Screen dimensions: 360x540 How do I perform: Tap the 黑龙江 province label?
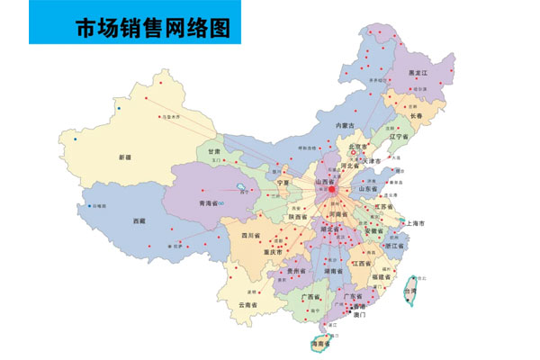pos(418,71)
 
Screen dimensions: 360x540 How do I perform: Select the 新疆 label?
pos(124,157)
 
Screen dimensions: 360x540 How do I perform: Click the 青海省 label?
pos(210,203)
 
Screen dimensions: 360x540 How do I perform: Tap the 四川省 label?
pos(250,236)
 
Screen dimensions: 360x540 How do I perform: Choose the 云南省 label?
pos(250,305)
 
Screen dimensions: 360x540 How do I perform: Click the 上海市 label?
pos(415,222)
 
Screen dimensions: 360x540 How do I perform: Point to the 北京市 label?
pos(358,147)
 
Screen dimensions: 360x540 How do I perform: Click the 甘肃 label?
pos(214,152)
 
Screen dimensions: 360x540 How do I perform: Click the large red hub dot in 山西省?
pos(331,190)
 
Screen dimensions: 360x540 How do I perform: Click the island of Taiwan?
pos(413,292)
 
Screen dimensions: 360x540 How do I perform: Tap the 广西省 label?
pos(311,296)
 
